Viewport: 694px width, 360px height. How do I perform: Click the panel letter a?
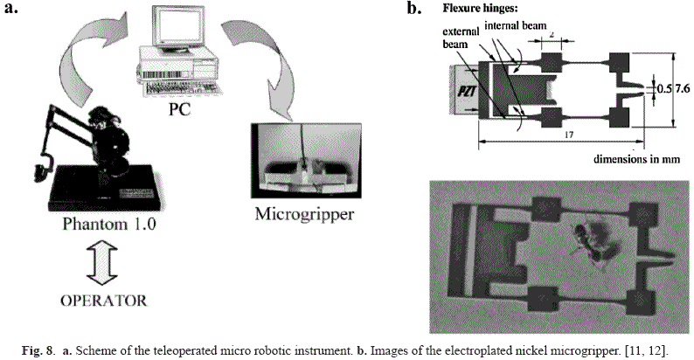coord(13,10)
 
